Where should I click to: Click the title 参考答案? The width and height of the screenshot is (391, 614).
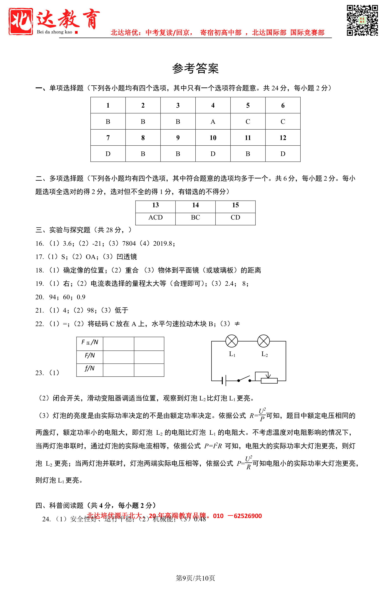pyautogui.click(x=195, y=68)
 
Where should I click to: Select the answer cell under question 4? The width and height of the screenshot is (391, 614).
pyautogui.click(x=213, y=122)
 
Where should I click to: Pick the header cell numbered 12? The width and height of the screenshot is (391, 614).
pyautogui.click(x=283, y=138)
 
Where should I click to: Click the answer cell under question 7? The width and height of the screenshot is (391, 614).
pyautogui.click(x=108, y=154)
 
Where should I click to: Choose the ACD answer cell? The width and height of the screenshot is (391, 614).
pyautogui.click(x=155, y=217)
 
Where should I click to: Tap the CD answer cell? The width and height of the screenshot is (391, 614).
pyautogui.click(x=235, y=217)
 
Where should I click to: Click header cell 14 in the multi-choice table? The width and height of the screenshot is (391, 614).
pyautogui.click(x=195, y=205)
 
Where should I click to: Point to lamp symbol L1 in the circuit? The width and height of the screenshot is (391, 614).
pyautogui.click(x=232, y=341)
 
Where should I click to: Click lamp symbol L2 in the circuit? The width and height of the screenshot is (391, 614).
pyautogui.click(x=263, y=341)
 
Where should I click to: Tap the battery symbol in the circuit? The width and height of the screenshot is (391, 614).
pyautogui.click(x=224, y=381)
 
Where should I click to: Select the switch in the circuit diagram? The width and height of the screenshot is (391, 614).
pyautogui.click(x=244, y=379)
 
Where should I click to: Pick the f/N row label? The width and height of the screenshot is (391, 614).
pyautogui.click(x=90, y=369)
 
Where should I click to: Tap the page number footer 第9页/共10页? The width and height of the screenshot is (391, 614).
pyautogui.click(x=195, y=578)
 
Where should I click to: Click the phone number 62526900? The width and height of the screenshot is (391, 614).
pyautogui.click(x=248, y=516)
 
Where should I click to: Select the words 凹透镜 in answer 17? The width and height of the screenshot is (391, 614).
pyautogui.click(x=127, y=257)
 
